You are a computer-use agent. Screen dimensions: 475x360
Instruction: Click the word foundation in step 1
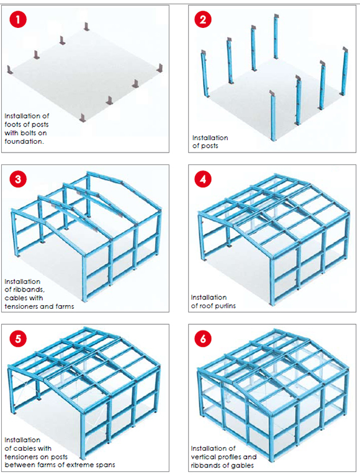pos(23,140)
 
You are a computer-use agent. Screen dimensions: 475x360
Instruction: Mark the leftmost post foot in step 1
pos(10,69)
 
